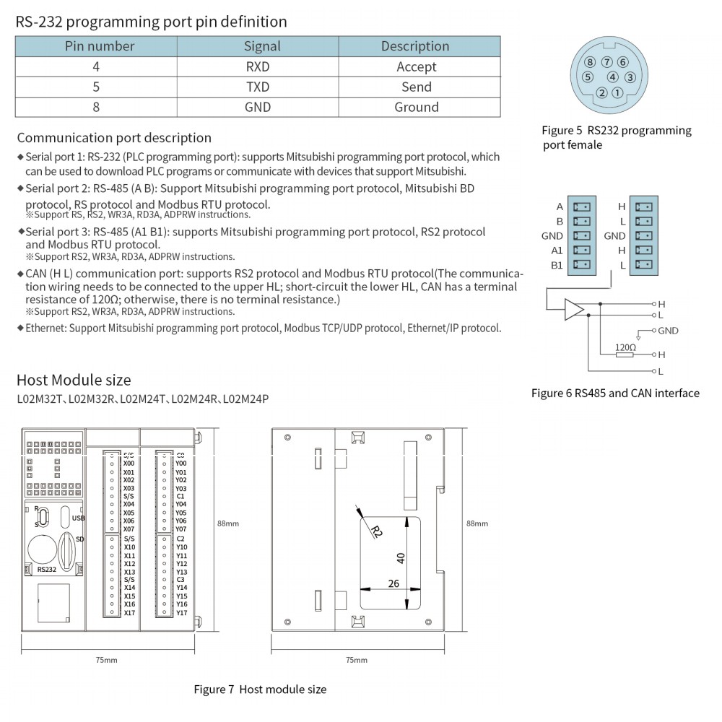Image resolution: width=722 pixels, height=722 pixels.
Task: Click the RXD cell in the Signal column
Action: click(x=258, y=66)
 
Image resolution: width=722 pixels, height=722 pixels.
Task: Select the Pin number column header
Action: click(x=100, y=46)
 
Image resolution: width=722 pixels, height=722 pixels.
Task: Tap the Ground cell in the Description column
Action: click(x=416, y=107)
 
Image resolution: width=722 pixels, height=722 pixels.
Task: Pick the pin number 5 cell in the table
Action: click(x=96, y=87)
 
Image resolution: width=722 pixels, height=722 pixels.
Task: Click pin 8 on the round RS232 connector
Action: click(x=591, y=62)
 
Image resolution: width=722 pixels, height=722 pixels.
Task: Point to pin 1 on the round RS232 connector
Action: click(x=617, y=92)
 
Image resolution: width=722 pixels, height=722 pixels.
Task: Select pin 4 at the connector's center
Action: click(x=612, y=77)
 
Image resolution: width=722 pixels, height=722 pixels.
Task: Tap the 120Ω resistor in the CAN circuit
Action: click(x=625, y=355)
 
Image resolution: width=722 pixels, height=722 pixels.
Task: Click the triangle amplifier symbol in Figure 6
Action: click(x=574, y=309)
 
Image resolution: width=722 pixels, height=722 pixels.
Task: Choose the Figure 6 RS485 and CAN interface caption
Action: click(x=615, y=393)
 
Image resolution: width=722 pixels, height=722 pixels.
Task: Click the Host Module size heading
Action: click(x=74, y=380)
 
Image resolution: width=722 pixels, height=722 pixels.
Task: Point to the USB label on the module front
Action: click(x=79, y=518)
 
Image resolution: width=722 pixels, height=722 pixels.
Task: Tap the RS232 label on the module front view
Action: click(x=46, y=569)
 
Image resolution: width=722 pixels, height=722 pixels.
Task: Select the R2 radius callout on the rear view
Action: click(x=375, y=531)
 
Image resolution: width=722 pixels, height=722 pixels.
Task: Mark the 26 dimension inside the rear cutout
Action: click(x=393, y=583)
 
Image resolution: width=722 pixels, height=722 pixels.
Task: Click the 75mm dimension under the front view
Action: click(x=106, y=660)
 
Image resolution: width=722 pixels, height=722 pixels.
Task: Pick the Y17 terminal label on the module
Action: click(x=181, y=613)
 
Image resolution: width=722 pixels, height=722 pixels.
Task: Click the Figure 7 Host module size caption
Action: click(x=260, y=690)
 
